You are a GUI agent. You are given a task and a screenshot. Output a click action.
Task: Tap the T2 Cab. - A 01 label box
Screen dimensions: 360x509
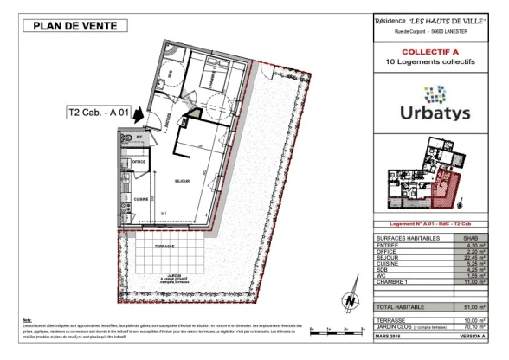point(103,112)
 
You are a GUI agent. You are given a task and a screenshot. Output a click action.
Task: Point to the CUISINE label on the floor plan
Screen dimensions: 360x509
point(138,197)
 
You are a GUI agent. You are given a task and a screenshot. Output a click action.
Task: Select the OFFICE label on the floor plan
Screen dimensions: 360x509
point(138,162)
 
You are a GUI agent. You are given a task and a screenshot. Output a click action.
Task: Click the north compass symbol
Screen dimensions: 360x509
point(350,299)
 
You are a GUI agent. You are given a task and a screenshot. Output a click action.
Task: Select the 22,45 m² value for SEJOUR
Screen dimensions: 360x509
point(473,256)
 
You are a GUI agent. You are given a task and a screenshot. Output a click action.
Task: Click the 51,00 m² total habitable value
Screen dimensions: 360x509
point(472,306)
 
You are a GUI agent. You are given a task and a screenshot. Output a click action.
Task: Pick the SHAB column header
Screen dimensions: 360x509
point(473,236)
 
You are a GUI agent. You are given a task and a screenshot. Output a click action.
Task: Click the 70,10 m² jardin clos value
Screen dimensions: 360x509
point(472,326)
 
